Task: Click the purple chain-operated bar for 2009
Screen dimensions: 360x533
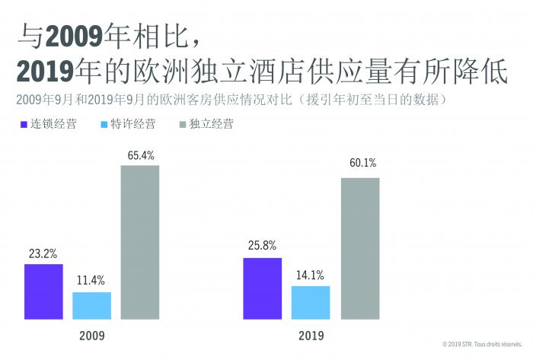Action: tap(43, 291)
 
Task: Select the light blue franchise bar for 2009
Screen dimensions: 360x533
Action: tap(91, 305)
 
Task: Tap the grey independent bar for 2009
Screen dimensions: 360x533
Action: tap(140, 241)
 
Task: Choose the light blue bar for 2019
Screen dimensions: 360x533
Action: tap(311, 302)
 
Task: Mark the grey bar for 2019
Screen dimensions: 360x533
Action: tap(359, 247)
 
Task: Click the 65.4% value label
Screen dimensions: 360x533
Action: tap(140, 155)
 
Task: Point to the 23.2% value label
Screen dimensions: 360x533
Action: tap(43, 254)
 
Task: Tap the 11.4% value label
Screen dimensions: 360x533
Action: tap(91, 281)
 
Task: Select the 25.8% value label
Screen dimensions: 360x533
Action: tap(262, 247)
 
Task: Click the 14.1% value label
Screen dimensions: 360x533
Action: tap(311, 275)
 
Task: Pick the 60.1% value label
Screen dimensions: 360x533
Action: tap(359, 163)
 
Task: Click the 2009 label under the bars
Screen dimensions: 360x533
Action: tap(91, 334)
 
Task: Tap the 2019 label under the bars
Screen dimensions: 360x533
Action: tap(311, 334)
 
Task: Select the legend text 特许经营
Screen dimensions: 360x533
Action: tap(133, 124)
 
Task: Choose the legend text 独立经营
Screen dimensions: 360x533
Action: tap(212, 124)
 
